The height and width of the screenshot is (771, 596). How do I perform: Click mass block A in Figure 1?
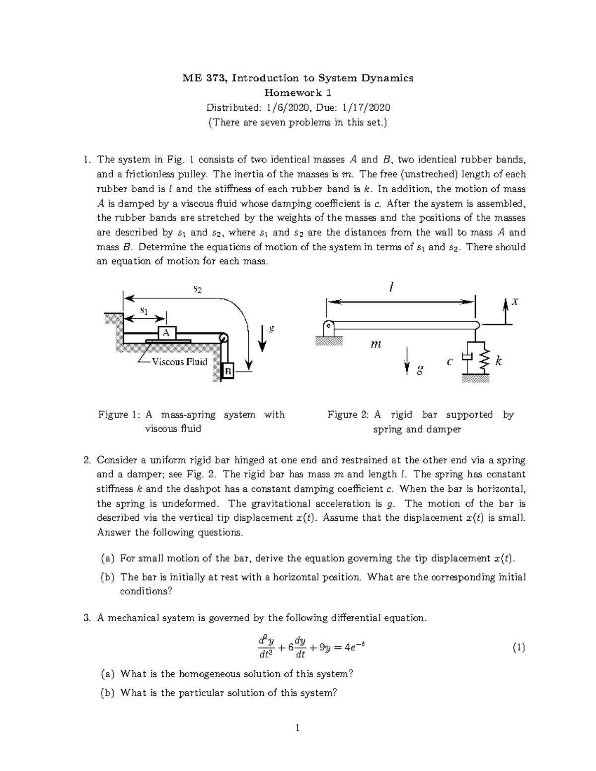click(x=167, y=333)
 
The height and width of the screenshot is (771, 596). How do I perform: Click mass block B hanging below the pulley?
click(x=227, y=370)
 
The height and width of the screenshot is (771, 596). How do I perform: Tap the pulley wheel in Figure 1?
click(x=223, y=338)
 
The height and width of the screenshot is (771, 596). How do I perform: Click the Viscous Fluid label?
click(x=179, y=361)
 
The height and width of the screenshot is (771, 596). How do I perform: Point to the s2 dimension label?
click(x=197, y=288)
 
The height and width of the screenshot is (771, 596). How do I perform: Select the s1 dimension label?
click(x=144, y=311)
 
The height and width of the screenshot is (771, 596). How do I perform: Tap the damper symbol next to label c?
click(x=466, y=357)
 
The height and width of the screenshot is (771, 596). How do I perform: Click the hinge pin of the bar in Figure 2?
click(x=328, y=327)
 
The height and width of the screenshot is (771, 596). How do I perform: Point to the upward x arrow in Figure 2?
click(x=506, y=311)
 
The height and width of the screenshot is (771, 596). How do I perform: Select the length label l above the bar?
click(x=392, y=287)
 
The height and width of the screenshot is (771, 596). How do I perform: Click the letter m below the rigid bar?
click(x=376, y=344)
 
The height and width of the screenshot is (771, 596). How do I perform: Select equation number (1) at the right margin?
click(x=519, y=647)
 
